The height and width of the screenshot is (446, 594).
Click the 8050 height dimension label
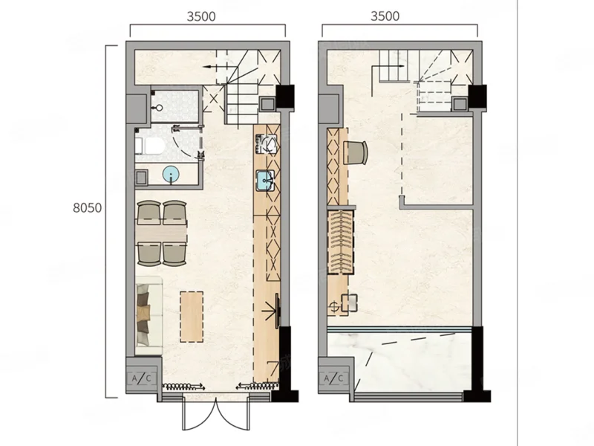[87, 208]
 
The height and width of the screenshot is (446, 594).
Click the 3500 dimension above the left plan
[201, 16]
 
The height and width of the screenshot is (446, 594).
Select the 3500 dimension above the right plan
[385, 16]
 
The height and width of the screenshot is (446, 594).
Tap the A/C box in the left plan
[141, 378]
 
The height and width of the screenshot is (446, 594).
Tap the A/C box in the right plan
[333, 378]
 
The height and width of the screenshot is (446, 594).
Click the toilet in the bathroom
[151, 146]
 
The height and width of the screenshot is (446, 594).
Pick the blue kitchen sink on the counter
[266, 181]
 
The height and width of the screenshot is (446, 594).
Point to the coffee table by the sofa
[192, 317]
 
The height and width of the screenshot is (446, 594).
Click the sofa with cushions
[148, 315]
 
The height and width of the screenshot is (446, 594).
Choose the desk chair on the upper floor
[356, 152]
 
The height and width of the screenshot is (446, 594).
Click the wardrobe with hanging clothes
[341, 242]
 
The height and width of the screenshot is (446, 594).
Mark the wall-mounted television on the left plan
[277, 310]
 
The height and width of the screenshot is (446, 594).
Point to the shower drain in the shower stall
[159, 108]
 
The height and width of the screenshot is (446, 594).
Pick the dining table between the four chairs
[161, 231]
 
